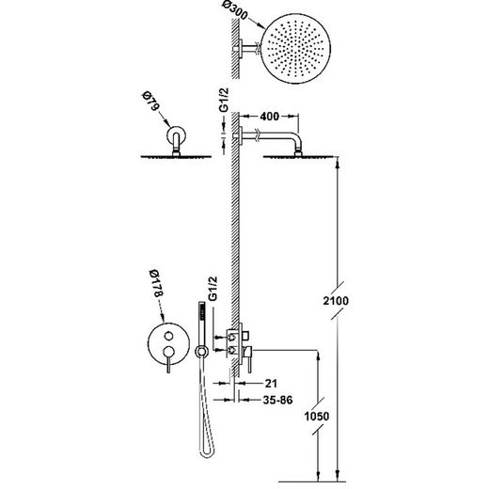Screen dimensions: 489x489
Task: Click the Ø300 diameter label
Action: [236, 11]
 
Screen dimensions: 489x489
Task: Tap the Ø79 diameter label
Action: [150, 101]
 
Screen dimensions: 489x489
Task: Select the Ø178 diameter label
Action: [156, 283]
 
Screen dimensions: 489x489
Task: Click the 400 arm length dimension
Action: [269, 117]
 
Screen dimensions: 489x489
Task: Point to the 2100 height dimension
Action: [336, 301]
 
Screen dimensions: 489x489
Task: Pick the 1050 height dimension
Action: [317, 417]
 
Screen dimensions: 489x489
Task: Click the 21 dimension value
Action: [271, 383]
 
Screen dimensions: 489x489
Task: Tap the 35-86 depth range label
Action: [277, 400]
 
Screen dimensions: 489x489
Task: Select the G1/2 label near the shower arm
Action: [224, 100]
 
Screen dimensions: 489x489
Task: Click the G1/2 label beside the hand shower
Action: [213, 289]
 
